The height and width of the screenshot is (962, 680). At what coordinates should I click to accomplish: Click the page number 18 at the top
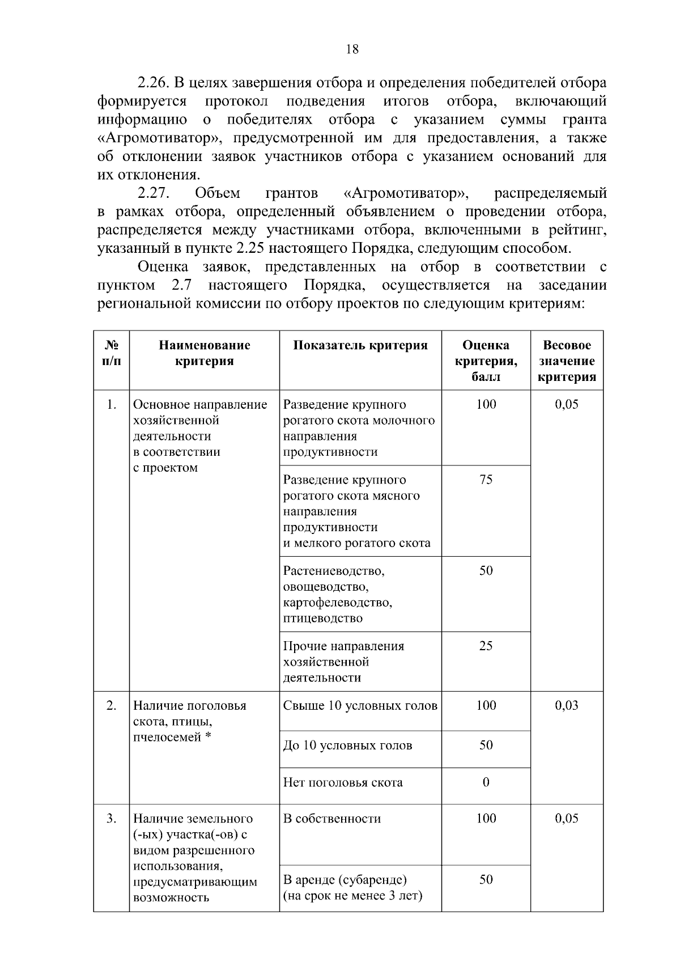[352, 49]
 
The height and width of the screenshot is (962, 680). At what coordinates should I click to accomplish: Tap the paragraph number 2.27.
[154, 193]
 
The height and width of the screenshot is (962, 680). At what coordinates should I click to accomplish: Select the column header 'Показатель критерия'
[360, 346]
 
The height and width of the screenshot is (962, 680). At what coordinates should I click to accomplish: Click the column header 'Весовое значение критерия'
[567, 361]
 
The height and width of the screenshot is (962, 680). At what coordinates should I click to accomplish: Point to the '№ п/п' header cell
[111, 353]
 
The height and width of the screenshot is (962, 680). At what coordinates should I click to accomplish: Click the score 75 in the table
[486, 480]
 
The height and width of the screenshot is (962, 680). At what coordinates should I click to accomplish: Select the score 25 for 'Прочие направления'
[486, 646]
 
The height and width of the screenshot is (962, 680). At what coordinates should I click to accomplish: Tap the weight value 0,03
[567, 705]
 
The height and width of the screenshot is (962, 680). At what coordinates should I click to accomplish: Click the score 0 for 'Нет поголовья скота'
[486, 782]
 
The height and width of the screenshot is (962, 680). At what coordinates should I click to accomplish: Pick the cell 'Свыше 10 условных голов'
[360, 706]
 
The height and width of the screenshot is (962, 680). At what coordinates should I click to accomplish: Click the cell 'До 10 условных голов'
[347, 745]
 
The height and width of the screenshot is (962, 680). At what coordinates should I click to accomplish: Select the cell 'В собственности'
[332, 819]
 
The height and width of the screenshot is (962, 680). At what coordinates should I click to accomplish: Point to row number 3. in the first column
[111, 819]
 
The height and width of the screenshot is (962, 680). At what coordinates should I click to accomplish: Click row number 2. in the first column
[111, 706]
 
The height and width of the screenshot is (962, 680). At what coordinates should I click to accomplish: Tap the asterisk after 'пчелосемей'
[208, 736]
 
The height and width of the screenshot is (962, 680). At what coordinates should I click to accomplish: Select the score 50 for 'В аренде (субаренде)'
[486, 880]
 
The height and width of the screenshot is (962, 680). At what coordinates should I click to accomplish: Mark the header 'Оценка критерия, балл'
[486, 361]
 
